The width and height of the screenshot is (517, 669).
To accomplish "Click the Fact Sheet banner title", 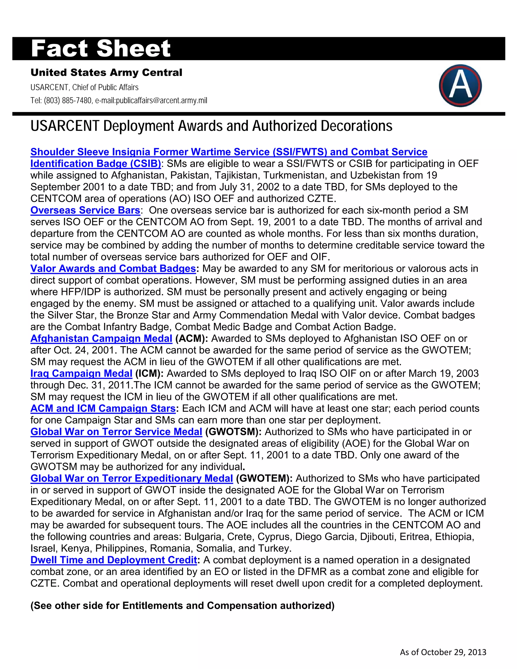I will [101, 48].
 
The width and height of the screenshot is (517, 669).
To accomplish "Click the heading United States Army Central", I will [106, 73].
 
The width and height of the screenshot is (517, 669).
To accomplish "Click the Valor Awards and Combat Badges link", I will [113, 268].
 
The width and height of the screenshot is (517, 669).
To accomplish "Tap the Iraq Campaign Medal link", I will [81, 373].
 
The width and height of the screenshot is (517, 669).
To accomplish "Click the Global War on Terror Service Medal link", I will [116, 432].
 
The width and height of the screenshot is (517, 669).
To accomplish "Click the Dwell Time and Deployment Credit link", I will [114, 560].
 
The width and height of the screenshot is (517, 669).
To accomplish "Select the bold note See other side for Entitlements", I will [182, 606].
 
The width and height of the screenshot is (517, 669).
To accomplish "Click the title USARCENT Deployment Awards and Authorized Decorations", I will [211, 126].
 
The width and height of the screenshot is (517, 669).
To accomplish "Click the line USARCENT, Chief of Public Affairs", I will [84, 87].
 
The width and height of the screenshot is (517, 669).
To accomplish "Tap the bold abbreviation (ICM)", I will [149, 373].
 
